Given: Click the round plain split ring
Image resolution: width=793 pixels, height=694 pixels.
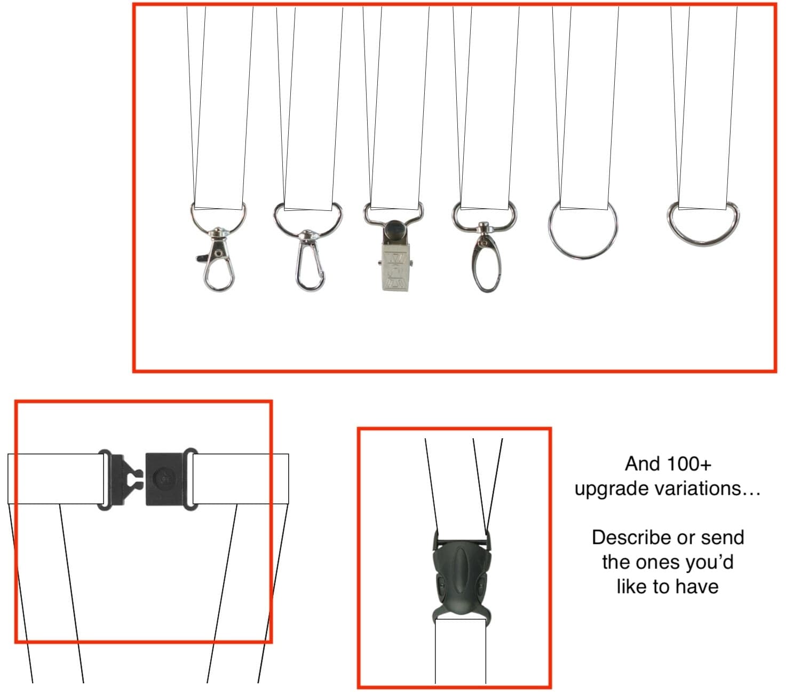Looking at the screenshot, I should [583, 230].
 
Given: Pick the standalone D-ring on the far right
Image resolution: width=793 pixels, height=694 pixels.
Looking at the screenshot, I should [703, 224].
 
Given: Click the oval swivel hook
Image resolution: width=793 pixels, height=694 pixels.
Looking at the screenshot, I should [486, 262].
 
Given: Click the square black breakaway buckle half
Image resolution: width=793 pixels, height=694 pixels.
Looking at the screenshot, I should [165, 479].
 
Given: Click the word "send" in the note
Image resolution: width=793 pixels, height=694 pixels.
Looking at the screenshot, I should [723, 537].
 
